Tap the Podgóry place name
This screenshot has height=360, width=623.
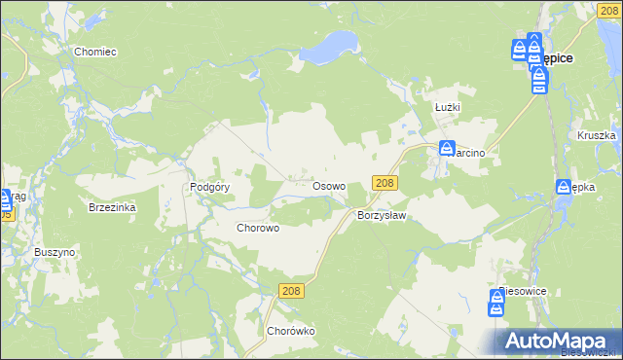tap(209, 187)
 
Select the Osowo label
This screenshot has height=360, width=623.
tap(328, 185)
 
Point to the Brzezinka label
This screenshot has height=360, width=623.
tap(112, 207)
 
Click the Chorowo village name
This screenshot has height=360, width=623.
tap(259, 228)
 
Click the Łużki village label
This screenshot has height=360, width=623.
tap(448, 107)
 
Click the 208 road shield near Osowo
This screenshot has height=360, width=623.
tap(385, 183)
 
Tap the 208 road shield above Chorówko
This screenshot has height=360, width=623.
tap(291, 291)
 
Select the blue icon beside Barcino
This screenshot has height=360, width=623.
tap(446, 150)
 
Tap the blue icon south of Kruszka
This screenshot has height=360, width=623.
tap(564, 187)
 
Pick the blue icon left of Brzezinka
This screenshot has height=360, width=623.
tap(5, 200)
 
